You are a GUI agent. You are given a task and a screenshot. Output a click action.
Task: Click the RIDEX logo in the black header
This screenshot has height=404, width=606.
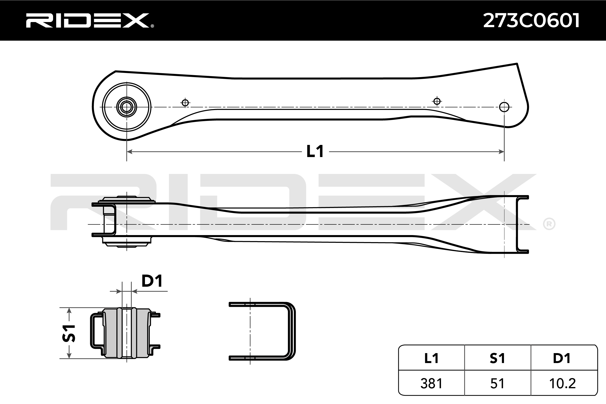pyautogui.click(x=89, y=20)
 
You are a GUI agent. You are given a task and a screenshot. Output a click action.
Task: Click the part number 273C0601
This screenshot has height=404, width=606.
pyautogui.click(x=531, y=20)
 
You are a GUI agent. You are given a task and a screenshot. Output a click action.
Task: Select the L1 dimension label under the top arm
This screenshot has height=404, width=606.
pyautogui.click(x=315, y=151)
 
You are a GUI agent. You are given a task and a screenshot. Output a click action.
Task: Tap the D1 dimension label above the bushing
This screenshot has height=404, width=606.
pyautogui.click(x=152, y=281)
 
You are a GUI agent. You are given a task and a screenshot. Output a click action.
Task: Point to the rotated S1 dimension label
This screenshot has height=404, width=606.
pyautogui.click(x=69, y=333)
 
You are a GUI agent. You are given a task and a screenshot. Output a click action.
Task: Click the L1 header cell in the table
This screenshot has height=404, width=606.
pyautogui.click(x=431, y=358)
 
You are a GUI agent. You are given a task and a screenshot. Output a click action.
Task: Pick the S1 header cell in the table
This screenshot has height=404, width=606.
pyautogui.click(x=497, y=358)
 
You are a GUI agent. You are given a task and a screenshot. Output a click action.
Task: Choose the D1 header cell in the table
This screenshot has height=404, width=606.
pyautogui.click(x=562, y=358)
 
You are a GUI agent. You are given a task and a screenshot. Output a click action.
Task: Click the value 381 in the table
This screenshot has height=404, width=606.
pyautogui.click(x=431, y=383)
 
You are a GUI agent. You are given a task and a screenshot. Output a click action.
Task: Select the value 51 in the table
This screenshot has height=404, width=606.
pyautogui.click(x=497, y=383)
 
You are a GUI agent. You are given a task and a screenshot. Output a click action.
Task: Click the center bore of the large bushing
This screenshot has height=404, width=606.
pyautogui.click(x=127, y=107)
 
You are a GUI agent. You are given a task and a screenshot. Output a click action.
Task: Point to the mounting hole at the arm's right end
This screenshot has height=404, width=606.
pyautogui.click(x=504, y=107)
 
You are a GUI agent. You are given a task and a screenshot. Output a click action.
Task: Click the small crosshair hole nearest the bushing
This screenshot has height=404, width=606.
pyautogui.click(x=185, y=103)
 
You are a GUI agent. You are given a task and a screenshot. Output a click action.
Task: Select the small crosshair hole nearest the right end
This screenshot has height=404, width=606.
pyautogui.click(x=437, y=101)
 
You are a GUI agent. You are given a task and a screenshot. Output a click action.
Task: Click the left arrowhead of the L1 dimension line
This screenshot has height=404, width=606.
pyautogui.click(x=130, y=151)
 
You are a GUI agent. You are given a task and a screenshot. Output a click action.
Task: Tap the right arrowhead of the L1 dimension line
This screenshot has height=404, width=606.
pyautogui.click(x=501, y=151)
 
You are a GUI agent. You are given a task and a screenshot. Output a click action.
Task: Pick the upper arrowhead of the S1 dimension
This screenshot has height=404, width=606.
pyautogui.click(x=69, y=311)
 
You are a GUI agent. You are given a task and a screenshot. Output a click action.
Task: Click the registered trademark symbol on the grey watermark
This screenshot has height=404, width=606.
pyautogui.click(x=549, y=224)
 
